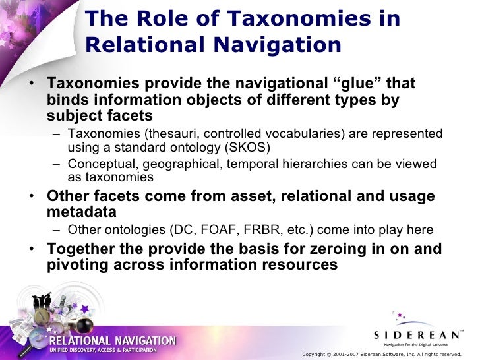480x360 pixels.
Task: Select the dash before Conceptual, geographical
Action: tap(57, 164)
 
